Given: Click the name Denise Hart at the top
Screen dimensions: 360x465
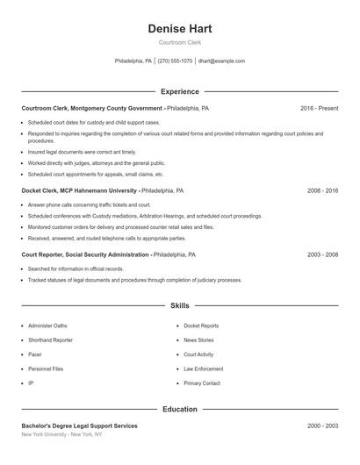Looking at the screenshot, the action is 180,29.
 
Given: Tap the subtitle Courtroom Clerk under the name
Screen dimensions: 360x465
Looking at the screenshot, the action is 180,42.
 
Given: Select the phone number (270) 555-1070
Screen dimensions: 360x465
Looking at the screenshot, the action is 176,61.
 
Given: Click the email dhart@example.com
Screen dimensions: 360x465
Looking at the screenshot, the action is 221,61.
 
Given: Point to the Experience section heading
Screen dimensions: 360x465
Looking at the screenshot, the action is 180,91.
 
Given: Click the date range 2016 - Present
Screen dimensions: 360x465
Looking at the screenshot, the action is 319,108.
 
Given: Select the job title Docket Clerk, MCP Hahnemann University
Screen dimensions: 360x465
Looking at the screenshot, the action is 79,190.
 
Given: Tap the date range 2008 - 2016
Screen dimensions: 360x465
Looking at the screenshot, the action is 322,190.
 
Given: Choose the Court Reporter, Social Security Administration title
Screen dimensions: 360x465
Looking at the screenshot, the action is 85,254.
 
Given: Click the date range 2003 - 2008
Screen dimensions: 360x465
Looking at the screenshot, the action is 322,254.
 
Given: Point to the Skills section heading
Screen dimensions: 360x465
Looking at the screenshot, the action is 180,305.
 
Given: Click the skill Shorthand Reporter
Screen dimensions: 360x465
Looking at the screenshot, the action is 50,340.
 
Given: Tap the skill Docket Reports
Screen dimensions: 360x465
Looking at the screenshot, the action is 201,325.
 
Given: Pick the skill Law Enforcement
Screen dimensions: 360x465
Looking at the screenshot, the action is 203,368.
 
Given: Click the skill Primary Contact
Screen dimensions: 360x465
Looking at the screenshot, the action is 202,383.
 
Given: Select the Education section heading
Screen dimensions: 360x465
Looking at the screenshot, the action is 180,409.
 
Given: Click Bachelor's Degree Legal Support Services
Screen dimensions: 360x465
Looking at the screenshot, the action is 79,426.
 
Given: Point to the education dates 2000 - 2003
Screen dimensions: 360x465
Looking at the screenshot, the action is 322,426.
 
